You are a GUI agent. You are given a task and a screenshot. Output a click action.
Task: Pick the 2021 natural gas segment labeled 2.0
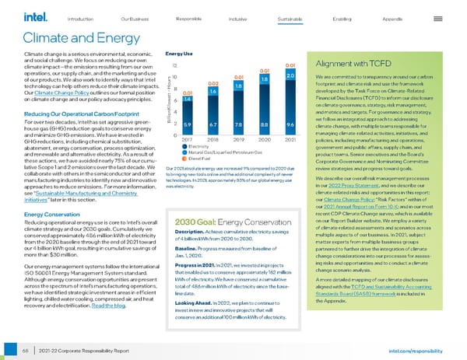pos(290,76)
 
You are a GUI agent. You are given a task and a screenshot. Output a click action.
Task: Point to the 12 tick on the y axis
pos(175,66)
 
